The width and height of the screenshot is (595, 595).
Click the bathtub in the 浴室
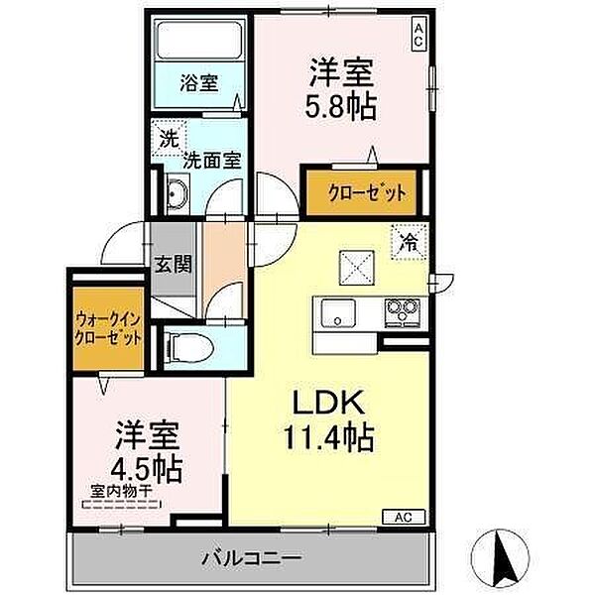click(x=199, y=40)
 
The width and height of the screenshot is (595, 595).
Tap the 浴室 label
click(x=199, y=83)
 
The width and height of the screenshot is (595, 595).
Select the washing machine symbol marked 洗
click(x=169, y=139)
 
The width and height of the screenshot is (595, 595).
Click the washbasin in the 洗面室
click(x=178, y=193)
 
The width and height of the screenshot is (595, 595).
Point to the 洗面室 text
click(x=212, y=161)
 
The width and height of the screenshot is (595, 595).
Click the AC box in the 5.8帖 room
click(x=418, y=36)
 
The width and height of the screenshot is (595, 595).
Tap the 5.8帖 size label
click(x=341, y=107)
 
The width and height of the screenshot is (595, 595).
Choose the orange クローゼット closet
click(x=361, y=192)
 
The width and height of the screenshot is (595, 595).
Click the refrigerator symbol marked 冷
click(x=410, y=242)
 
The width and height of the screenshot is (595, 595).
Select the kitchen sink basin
click(x=338, y=312)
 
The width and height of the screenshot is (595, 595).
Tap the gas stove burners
click(x=402, y=312)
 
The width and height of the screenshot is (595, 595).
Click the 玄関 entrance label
click(x=173, y=264)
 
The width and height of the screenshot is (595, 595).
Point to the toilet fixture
click(x=188, y=347)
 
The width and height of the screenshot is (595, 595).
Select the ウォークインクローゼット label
click(x=108, y=328)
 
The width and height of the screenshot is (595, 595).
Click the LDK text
click(x=328, y=402)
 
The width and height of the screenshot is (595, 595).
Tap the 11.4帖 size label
click(x=328, y=437)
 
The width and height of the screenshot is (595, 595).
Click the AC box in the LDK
click(x=404, y=517)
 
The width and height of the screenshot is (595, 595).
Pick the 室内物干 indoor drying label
click(x=121, y=492)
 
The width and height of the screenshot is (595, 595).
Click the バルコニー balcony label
click(x=252, y=558)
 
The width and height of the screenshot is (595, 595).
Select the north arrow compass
click(x=500, y=557)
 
